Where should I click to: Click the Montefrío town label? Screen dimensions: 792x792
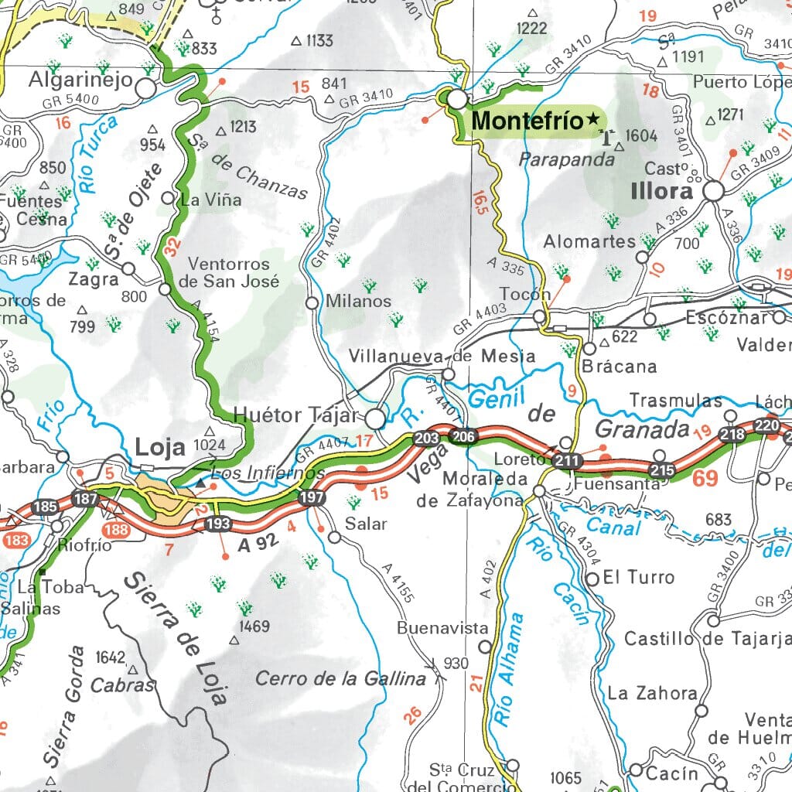[526, 121]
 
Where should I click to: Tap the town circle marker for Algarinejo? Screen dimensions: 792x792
[145, 87]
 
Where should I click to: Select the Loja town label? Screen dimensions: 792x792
[160, 447]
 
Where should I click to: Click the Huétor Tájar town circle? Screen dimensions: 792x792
[375, 418]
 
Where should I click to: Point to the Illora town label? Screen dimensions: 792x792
[662, 191]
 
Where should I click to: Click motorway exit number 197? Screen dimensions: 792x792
[312, 497]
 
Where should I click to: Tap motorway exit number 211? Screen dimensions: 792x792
[567, 462]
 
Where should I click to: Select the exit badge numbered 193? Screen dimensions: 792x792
[217, 524]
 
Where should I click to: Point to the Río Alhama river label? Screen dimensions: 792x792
[507, 670]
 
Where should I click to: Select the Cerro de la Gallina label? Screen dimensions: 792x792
[340, 679]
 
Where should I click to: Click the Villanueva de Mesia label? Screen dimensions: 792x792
[442, 357]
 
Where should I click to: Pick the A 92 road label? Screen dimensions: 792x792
[257, 545]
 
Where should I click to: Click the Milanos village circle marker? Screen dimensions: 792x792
[312, 303]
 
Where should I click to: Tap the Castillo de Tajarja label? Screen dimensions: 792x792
[707, 639]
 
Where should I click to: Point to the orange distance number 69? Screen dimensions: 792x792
[705, 478]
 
